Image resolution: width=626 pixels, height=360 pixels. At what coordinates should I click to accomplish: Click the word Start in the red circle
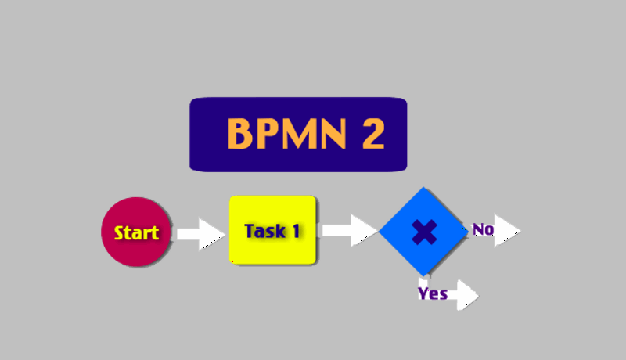tap(136, 232)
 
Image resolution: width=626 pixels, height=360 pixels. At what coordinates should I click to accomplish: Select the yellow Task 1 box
tap(272, 230)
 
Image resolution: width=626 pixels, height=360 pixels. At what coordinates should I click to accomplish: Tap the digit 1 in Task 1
tap(296, 231)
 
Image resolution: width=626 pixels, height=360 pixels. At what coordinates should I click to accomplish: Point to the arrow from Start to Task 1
tap(200, 233)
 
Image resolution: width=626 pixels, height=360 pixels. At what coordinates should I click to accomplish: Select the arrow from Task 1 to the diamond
tap(349, 230)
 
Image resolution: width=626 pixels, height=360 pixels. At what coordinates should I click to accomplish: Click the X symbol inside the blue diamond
tap(423, 232)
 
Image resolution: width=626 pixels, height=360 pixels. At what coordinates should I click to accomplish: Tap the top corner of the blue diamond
tap(423, 189)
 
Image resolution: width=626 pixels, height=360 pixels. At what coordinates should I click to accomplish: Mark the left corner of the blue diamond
tap(381, 232)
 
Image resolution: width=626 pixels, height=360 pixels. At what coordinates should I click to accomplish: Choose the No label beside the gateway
tap(483, 229)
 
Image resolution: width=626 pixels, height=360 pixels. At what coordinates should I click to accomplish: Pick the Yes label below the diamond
tap(433, 293)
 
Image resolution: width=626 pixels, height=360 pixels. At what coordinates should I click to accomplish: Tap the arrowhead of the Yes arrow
tap(468, 295)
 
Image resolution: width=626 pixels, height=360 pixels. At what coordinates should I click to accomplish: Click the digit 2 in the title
tap(372, 134)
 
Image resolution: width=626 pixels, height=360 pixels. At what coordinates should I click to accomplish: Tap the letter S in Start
tap(120, 232)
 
